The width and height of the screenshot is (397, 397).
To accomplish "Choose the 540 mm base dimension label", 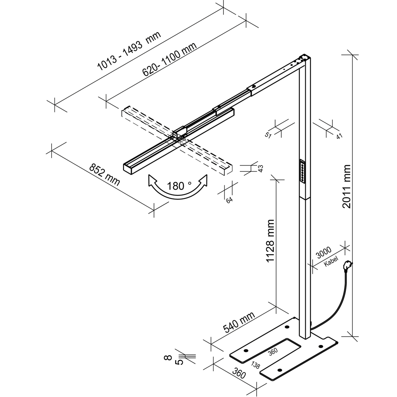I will (x=239, y=322).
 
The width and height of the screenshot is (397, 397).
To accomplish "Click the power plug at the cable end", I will (x=348, y=264).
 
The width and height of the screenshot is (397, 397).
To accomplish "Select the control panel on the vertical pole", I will (x=302, y=171).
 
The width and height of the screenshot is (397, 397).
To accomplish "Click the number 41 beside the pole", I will (x=339, y=136).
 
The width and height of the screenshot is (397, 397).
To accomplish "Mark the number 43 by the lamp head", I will (x=261, y=168).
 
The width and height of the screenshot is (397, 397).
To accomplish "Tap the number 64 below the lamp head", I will (x=229, y=200).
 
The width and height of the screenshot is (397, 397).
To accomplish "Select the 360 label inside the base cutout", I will (x=273, y=352).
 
